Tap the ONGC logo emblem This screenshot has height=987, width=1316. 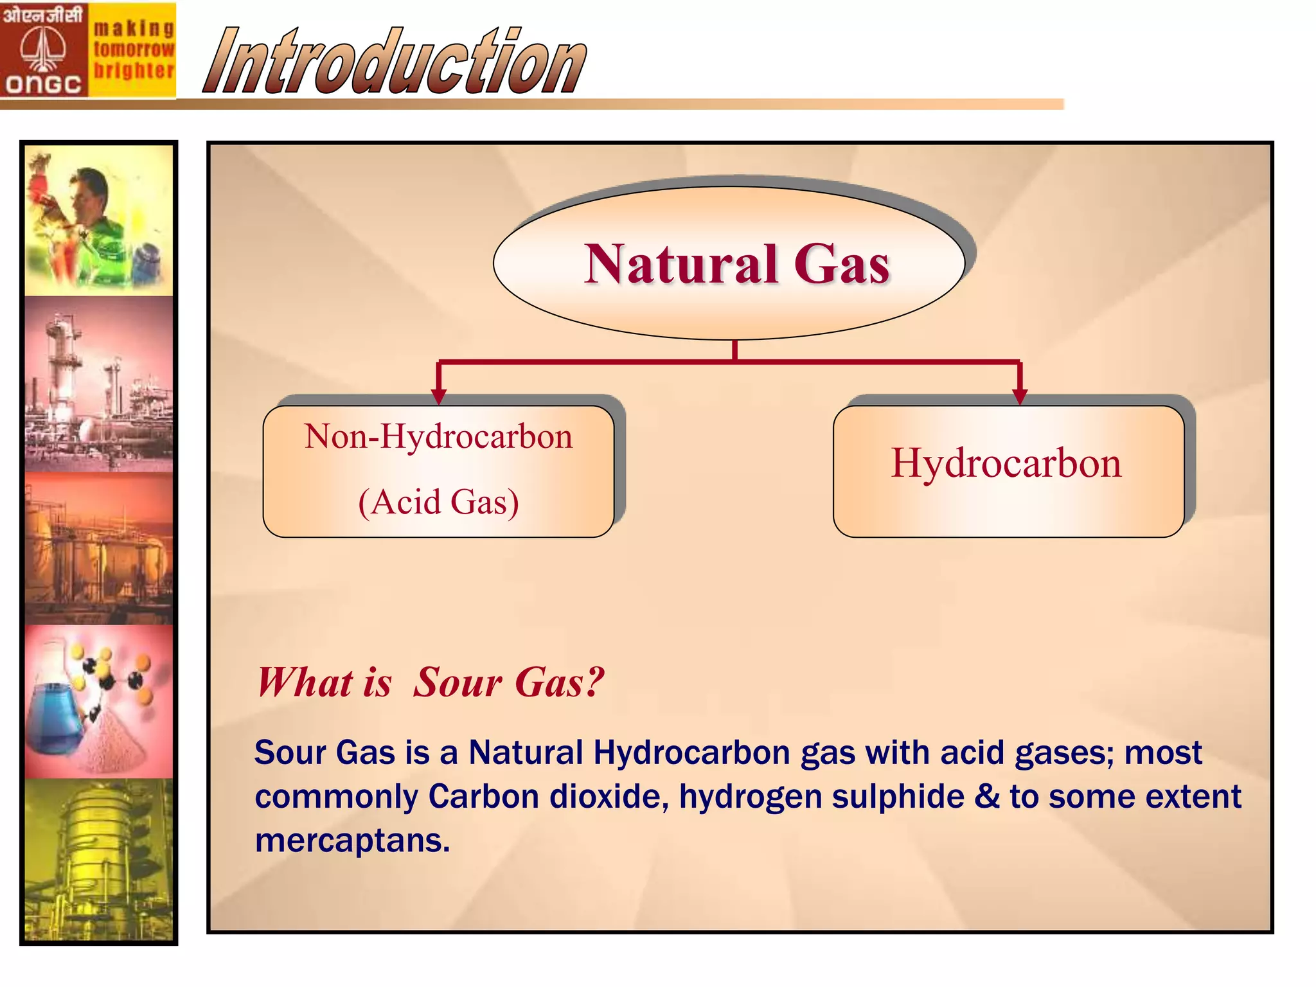pos(43,49)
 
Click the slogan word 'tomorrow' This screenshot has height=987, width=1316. pos(134,49)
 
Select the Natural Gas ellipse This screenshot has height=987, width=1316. pos(729,263)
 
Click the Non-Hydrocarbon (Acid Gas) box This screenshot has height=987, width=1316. pos(438,471)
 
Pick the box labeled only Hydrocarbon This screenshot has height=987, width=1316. pos(1008,471)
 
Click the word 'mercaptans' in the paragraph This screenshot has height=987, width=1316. pos(352,840)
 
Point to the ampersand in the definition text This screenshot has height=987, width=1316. pos(987,797)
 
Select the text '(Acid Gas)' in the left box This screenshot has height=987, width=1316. pos(438,502)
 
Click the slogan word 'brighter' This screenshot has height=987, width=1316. pos(134,70)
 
